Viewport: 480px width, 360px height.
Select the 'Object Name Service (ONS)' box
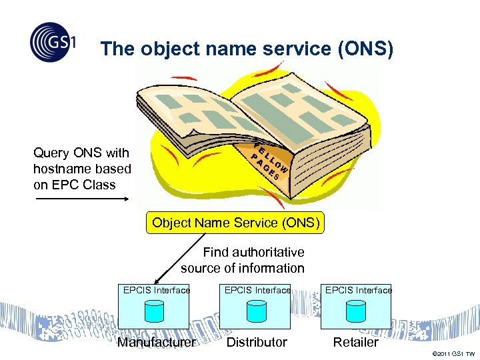235,223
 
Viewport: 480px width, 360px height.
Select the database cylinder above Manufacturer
155,311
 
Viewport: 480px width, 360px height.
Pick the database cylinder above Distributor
256,311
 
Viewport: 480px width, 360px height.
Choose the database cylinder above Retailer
356,311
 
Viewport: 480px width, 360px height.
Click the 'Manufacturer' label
156,342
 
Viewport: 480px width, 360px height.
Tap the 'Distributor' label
257,342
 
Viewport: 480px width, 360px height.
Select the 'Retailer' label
355,342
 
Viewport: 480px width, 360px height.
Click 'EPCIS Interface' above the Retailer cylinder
358,290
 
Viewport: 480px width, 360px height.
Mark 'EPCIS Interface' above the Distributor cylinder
257,290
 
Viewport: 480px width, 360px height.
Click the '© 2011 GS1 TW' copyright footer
454,353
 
